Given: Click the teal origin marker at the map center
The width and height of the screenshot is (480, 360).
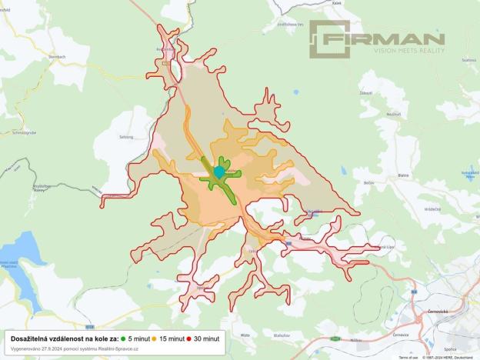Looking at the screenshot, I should pyautogui.click(x=218, y=172).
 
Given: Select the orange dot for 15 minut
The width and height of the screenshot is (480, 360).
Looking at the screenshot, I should pyautogui.click(x=154, y=338).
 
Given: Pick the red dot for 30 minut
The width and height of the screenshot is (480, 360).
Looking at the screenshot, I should pyautogui.click(x=188, y=338).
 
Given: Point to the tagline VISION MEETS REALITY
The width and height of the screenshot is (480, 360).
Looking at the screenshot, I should pyautogui.click(x=409, y=50).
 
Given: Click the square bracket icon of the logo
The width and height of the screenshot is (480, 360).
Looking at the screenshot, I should pyautogui.click(x=329, y=39).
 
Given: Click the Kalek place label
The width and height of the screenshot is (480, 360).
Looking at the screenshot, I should pyautogui.click(x=315, y=2).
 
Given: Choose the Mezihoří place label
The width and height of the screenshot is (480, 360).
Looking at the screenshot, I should pyautogui.click(x=372, y=114).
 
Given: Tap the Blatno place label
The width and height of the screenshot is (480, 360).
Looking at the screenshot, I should pyautogui.click(x=403, y=175).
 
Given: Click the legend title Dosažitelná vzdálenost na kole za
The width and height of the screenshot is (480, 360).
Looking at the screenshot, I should pyautogui.click(x=65, y=338).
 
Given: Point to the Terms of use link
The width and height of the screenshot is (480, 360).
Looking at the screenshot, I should pyautogui.click(x=408, y=358).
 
